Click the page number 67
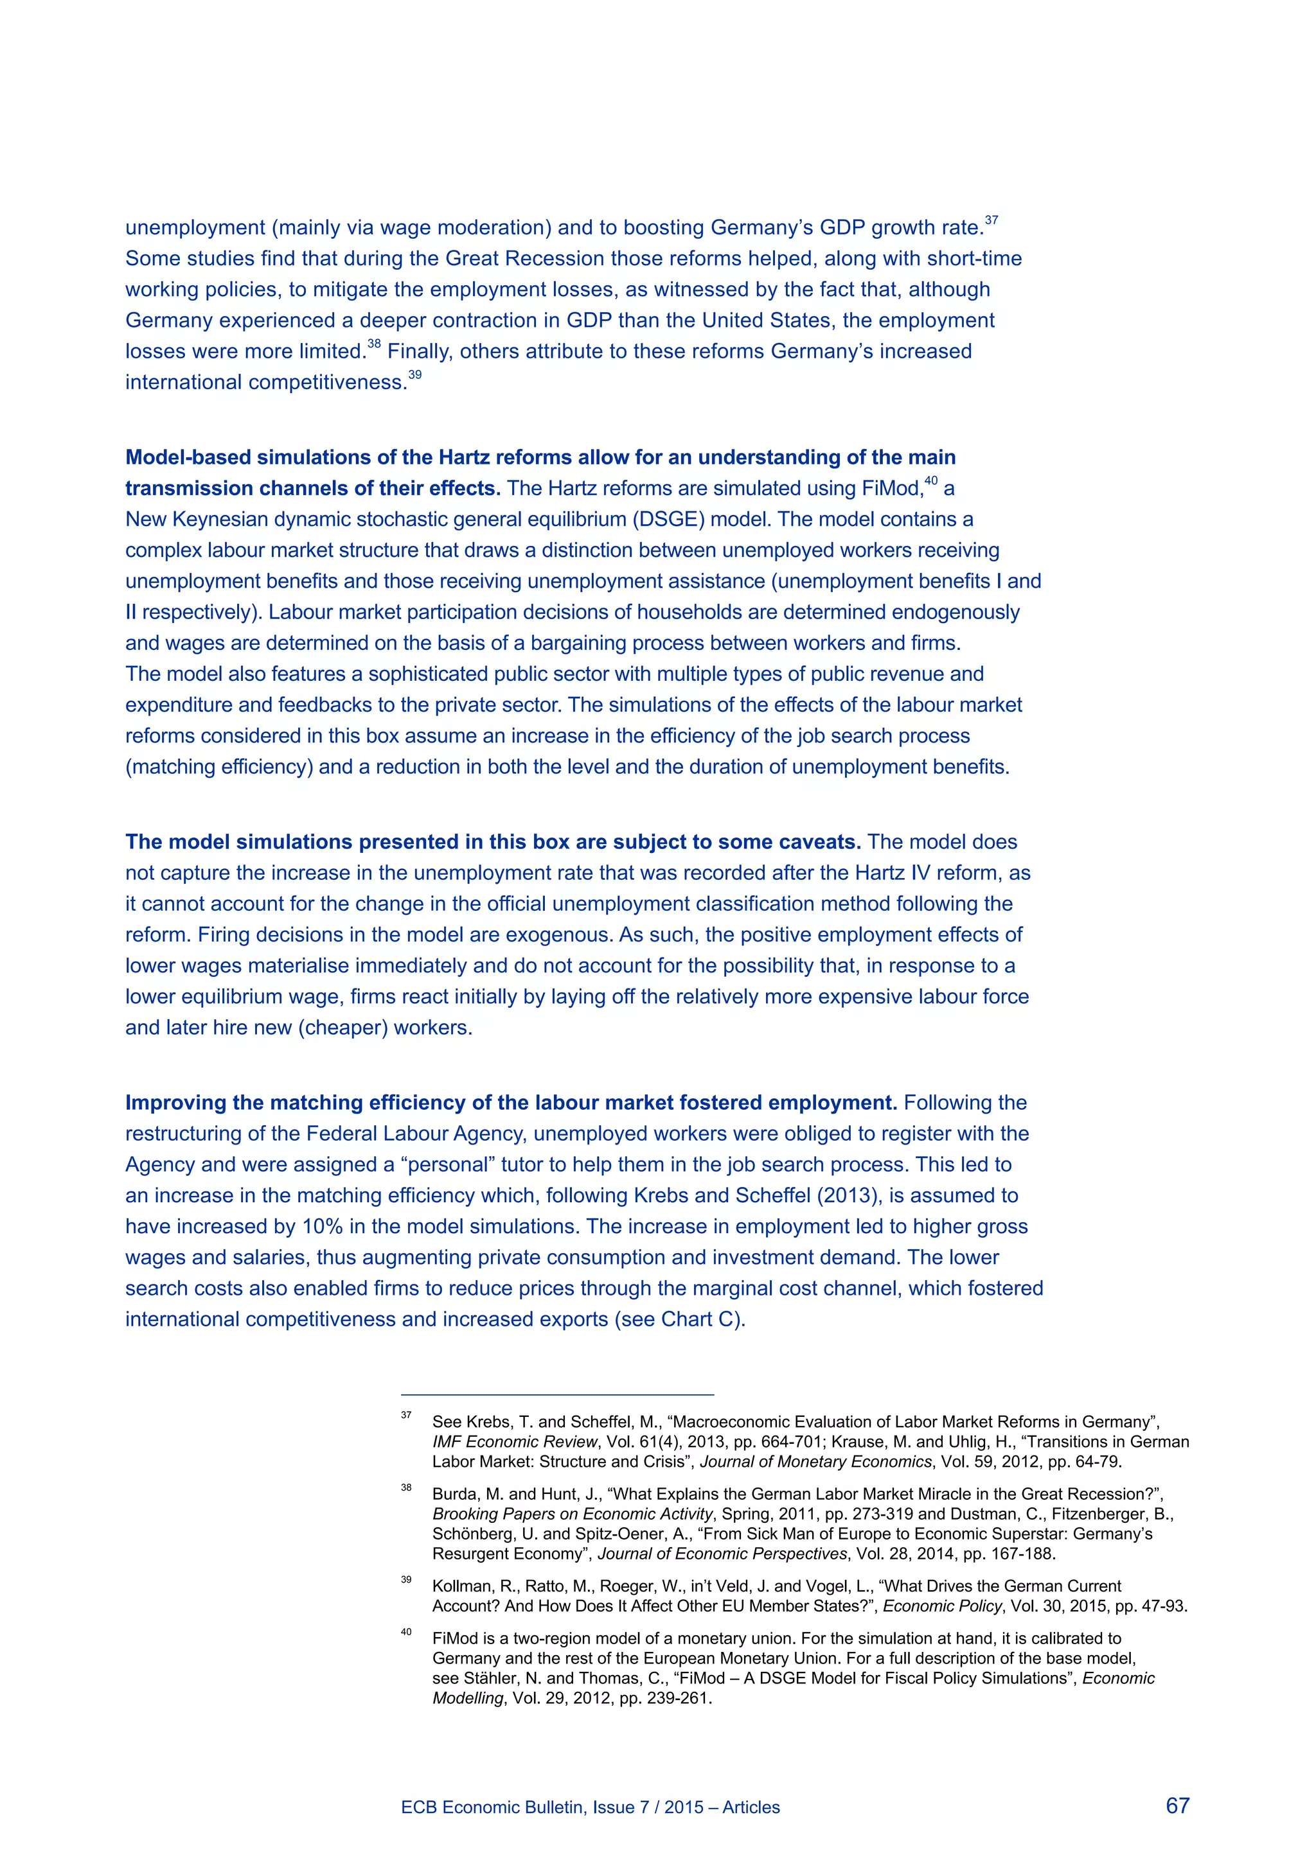1177,1805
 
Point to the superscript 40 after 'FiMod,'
931,481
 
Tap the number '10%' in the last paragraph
323,1227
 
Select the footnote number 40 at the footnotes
406,1631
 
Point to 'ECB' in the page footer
417,1807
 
